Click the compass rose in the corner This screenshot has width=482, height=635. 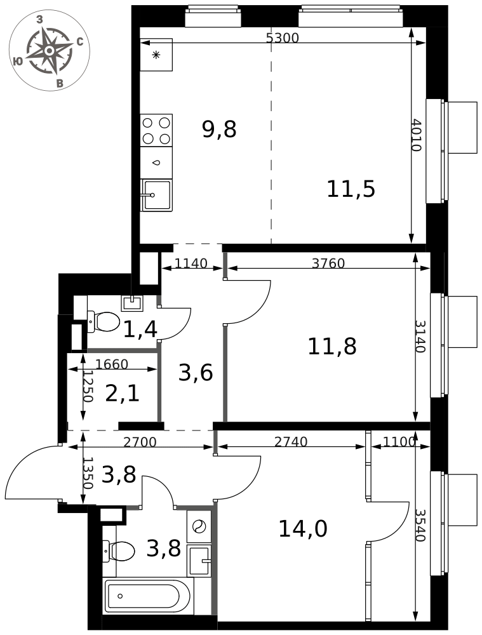49,50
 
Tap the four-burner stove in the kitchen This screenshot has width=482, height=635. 156,130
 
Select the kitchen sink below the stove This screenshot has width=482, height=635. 156,194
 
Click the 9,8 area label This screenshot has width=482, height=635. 219,130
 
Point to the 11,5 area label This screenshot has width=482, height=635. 351,189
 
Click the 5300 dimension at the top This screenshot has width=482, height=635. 282,38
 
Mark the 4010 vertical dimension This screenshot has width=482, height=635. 416,135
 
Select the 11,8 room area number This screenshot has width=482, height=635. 331,347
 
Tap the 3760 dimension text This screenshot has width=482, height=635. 328,264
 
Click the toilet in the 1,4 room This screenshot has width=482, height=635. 104,321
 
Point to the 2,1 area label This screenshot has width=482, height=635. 122,394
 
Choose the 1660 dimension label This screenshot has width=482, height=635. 111,364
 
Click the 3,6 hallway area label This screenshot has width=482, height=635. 195,373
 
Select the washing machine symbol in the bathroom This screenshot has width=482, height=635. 199,526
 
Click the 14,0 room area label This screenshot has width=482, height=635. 303,528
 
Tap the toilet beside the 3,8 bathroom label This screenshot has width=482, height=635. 119,551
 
